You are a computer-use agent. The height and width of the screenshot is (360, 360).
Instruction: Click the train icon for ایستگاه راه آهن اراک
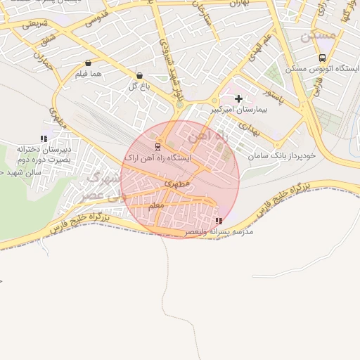click(157, 147)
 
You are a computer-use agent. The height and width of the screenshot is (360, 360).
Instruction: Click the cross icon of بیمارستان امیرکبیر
click(239, 99)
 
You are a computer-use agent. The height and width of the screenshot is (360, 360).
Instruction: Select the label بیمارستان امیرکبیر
click(238, 110)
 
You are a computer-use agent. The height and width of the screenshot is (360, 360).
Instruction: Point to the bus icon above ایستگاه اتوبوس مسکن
click(322, 58)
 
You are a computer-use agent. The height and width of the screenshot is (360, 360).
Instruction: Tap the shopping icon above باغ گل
click(139, 75)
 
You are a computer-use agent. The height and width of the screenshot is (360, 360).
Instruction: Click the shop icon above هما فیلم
click(87, 63)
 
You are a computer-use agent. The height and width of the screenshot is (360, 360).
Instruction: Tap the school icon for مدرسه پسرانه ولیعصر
click(218, 221)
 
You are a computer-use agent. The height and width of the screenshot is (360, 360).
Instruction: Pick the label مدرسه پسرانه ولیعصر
click(219, 231)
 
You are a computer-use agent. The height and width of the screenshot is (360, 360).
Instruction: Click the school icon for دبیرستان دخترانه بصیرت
click(44, 139)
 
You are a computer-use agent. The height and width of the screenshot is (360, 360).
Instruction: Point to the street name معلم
click(157, 206)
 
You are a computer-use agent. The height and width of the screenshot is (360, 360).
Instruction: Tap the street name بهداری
click(250, 127)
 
